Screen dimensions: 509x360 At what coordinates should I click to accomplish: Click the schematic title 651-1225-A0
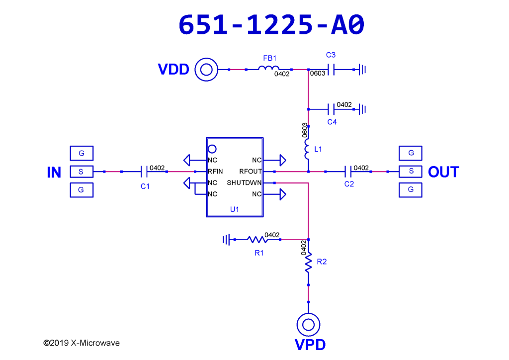click(x=271, y=25)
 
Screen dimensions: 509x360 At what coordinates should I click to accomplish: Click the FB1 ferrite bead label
click(x=270, y=58)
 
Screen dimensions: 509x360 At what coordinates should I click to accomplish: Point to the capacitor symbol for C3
click(x=331, y=70)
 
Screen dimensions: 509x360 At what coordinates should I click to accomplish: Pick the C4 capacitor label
click(x=332, y=122)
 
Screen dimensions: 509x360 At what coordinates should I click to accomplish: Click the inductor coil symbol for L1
click(x=307, y=149)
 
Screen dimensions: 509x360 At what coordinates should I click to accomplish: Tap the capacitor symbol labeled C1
click(x=144, y=172)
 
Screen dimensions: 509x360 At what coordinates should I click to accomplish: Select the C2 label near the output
click(x=349, y=184)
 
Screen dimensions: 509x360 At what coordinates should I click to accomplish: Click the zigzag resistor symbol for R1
click(x=257, y=240)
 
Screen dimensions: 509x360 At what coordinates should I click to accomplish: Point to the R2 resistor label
click(x=322, y=262)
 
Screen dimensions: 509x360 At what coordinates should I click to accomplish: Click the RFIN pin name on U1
click(x=215, y=172)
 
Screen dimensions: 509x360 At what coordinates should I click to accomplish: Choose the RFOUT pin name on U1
click(x=251, y=172)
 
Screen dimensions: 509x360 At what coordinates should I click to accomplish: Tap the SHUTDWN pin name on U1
click(x=244, y=183)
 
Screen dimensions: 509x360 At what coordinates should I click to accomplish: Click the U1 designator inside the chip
click(x=235, y=209)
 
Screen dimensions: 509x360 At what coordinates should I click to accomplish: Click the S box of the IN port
click(x=82, y=172)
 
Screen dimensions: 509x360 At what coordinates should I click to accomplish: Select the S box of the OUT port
click(x=410, y=172)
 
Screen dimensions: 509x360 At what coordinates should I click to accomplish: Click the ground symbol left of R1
click(x=226, y=240)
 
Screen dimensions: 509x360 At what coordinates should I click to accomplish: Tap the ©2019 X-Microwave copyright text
click(x=82, y=343)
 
